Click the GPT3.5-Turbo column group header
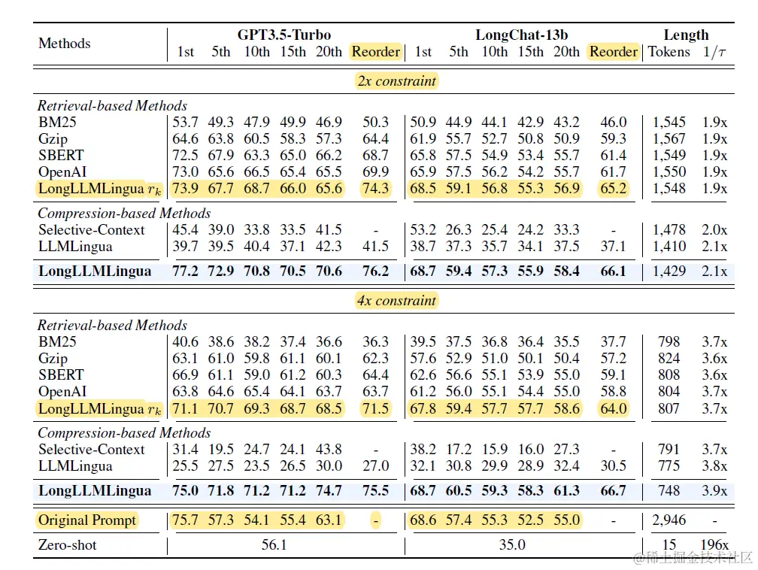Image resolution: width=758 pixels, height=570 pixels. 283,35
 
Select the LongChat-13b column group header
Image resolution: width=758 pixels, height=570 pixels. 521,35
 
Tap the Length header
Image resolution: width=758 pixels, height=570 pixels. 686,35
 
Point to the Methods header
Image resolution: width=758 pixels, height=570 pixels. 65,44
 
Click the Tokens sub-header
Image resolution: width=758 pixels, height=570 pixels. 669,52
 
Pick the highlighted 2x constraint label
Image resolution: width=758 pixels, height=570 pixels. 396,81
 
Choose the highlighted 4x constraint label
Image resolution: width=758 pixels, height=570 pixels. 396,301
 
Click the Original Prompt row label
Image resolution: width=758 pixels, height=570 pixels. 87,520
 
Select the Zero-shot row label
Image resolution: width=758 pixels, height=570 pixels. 68,544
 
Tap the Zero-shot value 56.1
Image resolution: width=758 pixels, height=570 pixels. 274,544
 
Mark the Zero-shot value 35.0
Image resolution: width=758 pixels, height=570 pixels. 512,544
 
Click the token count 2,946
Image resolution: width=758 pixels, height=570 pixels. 669,520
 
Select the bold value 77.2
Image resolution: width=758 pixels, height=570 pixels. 185,271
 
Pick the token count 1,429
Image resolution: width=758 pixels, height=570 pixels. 669,271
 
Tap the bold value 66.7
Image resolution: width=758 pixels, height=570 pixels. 613,491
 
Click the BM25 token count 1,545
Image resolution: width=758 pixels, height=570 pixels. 669,123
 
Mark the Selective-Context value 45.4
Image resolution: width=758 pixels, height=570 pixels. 185,230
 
